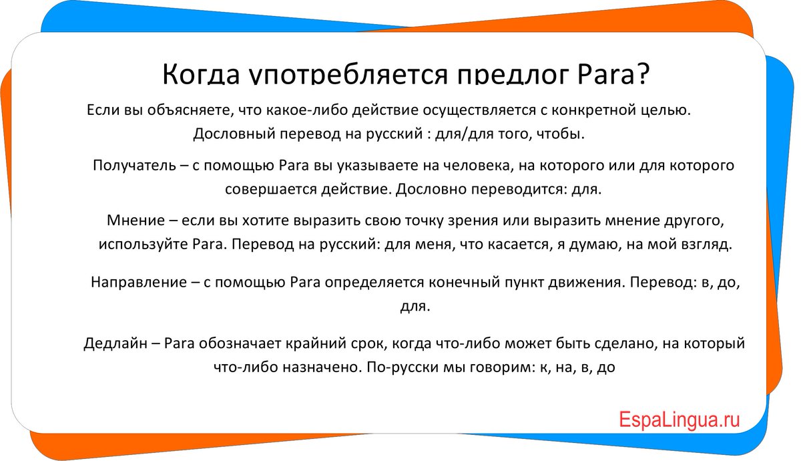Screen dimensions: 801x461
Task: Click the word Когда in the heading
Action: coord(201,74)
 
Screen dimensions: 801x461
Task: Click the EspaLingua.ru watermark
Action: coord(679,420)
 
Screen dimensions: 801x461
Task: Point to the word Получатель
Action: coord(134,166)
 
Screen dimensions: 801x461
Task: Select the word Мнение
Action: coord(136,220)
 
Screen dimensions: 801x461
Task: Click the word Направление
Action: coord(139,283)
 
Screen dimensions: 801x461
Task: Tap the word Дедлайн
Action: coord(115,343)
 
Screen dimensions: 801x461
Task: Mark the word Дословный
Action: coord(234,134)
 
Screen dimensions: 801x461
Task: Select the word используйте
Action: coord(144,245)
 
